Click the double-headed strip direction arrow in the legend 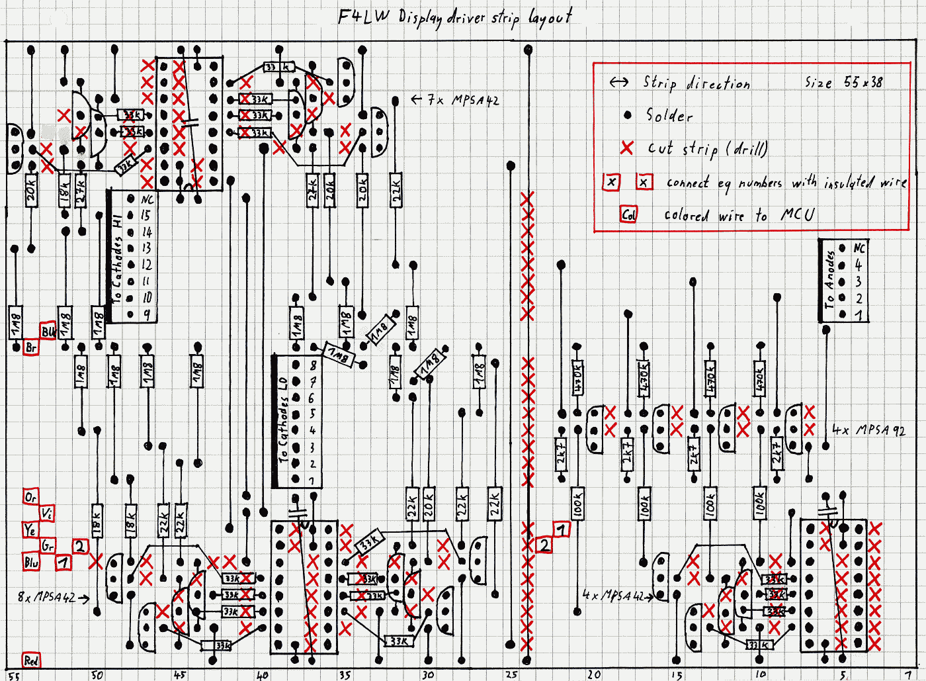[619, 82]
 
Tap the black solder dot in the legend [628, 115]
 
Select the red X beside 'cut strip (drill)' [626, 148]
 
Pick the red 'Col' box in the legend [628, 214]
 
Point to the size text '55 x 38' [863, 82]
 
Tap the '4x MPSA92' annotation [868, 430]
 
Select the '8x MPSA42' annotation [46, 597]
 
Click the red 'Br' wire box [30, 347]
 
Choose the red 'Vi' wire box [46, 514]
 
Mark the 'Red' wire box [30, 660]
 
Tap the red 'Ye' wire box [30, 530]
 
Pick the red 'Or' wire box [30, 497]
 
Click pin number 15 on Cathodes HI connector [146, 215]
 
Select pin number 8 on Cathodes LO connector [313, 365]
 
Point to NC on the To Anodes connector [859, 248]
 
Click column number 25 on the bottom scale [511, 674]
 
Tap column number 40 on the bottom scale [263, 675]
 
